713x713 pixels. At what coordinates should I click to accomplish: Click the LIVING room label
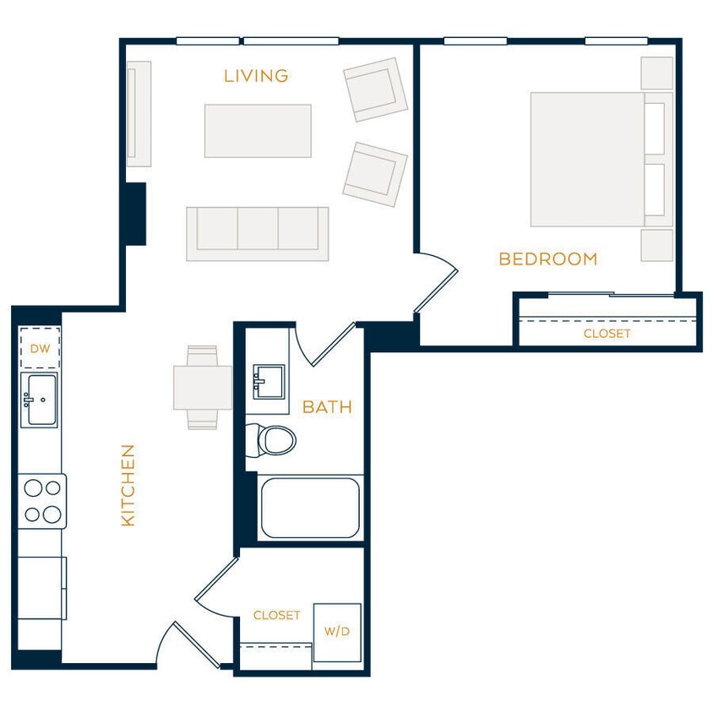[x=256, y=76]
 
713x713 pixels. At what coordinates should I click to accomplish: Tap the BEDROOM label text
[x=547, y=259]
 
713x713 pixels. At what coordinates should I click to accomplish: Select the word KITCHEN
[x=128, y=485]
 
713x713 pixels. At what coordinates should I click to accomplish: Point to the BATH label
[x=327, y=408]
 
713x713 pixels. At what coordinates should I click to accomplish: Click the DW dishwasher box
[x=40, y=348]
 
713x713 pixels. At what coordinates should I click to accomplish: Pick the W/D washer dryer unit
[x=336, y=632]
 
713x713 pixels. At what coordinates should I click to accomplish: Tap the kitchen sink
[x=39, y=400]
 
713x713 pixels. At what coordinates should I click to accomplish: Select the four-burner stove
[x=42, y=501]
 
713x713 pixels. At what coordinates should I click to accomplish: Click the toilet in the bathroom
[x=271, y=439]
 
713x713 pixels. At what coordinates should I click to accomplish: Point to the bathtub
[x=311, y=508]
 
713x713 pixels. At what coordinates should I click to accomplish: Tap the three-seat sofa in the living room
[x=257, y=232]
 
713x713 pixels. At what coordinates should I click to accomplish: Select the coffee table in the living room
[x=258, y=131]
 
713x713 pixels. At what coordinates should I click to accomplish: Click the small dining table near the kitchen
[x=203, y=388]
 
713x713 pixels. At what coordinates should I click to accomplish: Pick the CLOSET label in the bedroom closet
[x=607, y=334]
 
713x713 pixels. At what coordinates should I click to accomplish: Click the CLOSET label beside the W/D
[x=276, y=616]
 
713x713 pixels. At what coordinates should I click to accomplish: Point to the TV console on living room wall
[x=139, y=113]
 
